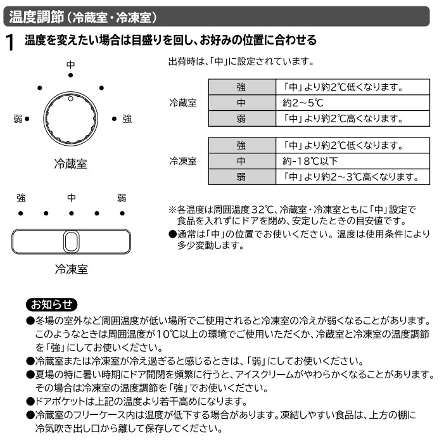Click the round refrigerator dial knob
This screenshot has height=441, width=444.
click(x=70, y=118)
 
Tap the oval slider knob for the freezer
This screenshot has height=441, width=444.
click(x=71, y=241)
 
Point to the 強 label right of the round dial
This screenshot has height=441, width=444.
click(x=127, y=118)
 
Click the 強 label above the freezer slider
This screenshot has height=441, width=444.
click(x=21, y=198)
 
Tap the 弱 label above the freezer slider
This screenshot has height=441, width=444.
click(x=122, y=198)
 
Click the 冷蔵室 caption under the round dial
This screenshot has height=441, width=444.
click(x=70, y=164)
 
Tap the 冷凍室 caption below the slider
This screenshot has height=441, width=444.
click(x=70, y=269)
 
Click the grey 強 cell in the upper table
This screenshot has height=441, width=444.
click(x=241, y=87)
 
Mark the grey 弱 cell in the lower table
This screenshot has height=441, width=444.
click(x=241, y=177)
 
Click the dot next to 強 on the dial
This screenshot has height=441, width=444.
click(x=113, y=118)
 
